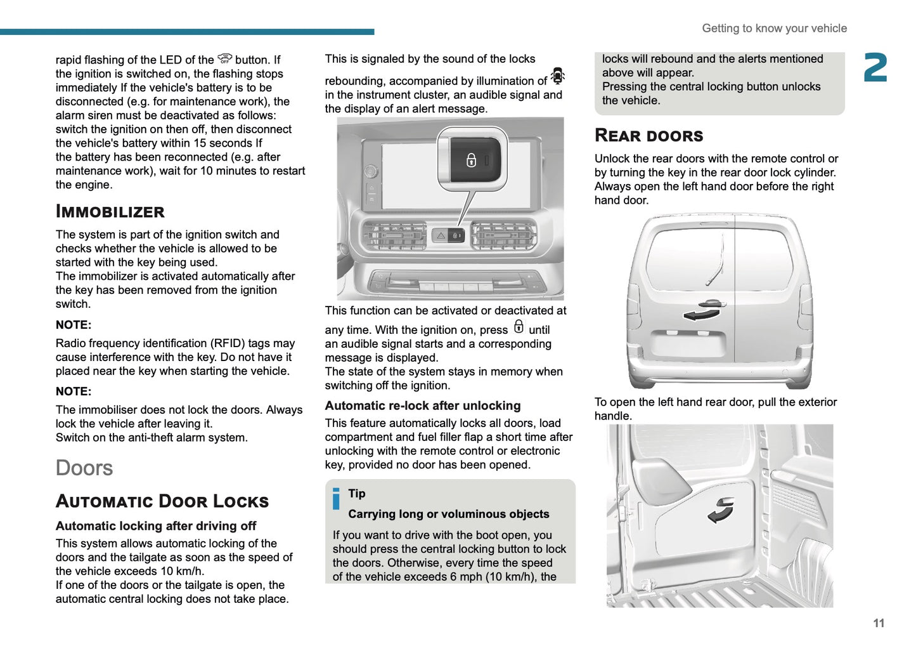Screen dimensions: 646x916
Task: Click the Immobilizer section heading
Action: pos(110,211)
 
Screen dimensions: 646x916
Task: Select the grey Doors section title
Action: pos(84,468)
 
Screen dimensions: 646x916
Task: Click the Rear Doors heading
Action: pos(648,135)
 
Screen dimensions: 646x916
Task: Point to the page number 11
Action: pos(878,623)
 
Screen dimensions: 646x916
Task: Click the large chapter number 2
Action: pos(875,68)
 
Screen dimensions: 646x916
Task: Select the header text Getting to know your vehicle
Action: pos(774,28)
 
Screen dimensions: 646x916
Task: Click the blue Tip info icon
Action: pos(336,499)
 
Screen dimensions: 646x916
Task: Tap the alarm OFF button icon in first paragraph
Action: pos(224,59)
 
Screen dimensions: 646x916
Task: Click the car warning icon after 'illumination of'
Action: pos(557,76)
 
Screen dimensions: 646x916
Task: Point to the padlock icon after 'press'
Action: pos(519,327)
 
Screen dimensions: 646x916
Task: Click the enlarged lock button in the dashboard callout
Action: pos(472,160)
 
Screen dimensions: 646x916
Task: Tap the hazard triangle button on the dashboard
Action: pos(441,236)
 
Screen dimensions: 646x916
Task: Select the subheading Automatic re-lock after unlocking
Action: pos(422,405)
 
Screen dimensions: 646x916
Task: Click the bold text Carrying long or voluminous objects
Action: pos(448,514)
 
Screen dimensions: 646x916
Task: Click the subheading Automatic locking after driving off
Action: pos(155,525)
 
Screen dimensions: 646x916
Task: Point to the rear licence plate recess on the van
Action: pos(688,345)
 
